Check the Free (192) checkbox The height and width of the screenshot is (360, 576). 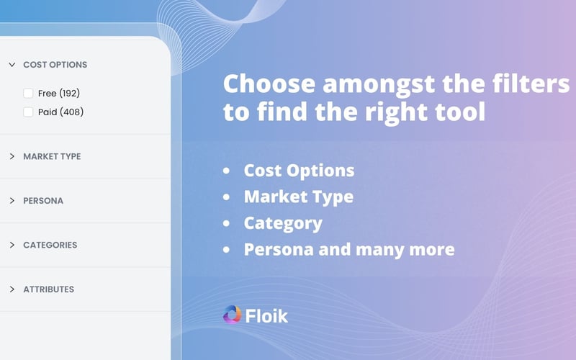[28, 93]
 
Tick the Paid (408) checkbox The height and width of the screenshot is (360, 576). [28, 112]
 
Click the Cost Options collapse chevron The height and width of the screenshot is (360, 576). [12, 65]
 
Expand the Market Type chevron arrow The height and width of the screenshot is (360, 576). [12, 156]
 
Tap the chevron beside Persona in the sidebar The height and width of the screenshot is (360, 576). [12, 201]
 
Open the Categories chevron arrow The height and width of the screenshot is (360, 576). [12, 245]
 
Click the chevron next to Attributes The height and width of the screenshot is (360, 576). [12, 289]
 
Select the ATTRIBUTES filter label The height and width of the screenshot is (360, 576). [48, 289]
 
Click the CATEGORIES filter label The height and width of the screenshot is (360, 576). [50, 245]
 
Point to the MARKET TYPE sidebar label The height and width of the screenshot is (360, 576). [52, 156]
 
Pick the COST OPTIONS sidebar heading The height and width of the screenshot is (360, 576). [55, 65]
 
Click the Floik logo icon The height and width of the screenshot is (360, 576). [232, 315]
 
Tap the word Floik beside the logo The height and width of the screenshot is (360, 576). [268, 316]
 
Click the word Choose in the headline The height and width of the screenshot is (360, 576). [268, 84]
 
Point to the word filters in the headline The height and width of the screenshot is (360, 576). [532, 84]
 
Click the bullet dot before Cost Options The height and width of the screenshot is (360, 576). [228, 171]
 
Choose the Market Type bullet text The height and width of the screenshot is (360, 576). [298, 197]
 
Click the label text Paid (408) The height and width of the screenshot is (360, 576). [60, 112]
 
